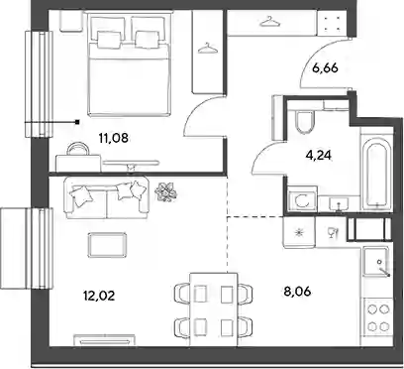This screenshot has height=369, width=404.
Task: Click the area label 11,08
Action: tap(113, 138)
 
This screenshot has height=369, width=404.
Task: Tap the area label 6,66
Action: tap(325, 69)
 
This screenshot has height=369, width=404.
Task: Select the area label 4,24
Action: tap(318, 155)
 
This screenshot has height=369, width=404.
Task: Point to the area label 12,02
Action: tap(99, 296)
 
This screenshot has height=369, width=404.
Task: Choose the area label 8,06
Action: tap(297, 292)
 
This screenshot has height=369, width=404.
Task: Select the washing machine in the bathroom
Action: tap(303, 199)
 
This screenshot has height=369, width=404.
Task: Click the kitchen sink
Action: tap(378, 261)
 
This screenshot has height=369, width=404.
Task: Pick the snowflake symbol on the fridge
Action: tap(299, 233)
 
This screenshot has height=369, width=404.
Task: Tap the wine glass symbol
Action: tap(332, 233)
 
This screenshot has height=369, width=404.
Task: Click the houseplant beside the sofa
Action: tap(166, 192)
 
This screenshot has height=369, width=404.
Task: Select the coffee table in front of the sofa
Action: tap(107, 245)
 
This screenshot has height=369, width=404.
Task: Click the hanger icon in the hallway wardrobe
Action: tap(270, 22)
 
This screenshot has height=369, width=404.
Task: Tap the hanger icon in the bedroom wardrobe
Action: tap(208, 48)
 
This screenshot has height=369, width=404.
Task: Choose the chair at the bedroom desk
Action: tap(78, 148)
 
